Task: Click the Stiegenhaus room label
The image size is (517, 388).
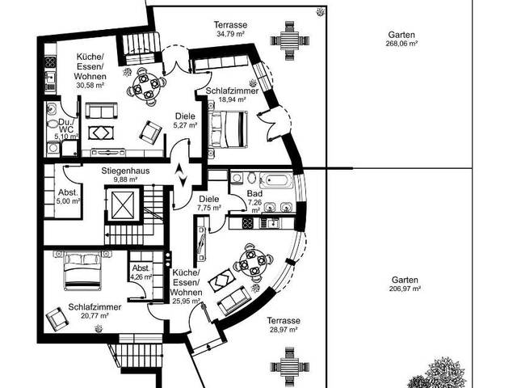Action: (125, 171)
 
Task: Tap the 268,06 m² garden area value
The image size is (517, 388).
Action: (401, 43)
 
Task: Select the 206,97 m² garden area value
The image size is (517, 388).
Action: (405, 289)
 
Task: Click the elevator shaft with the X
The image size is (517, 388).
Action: (123, 205)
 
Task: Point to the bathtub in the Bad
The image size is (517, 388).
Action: (276, 180)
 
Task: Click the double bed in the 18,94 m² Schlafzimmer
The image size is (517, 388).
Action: (228, 129)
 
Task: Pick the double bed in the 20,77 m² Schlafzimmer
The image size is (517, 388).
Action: (82, 270)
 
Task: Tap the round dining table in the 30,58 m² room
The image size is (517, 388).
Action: (145, 87)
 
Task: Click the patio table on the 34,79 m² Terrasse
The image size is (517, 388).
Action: (290, 40)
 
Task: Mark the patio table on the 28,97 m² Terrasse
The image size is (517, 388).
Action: (290, 366)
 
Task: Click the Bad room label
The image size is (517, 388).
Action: (254, 193)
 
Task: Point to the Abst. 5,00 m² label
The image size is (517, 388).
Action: (69, 196)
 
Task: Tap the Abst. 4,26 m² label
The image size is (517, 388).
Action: (141, 272)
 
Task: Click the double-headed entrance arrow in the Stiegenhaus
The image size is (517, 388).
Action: (180, 175)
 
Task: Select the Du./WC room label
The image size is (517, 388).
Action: (67, 125)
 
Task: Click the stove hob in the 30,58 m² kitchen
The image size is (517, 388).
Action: (50, 61)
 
